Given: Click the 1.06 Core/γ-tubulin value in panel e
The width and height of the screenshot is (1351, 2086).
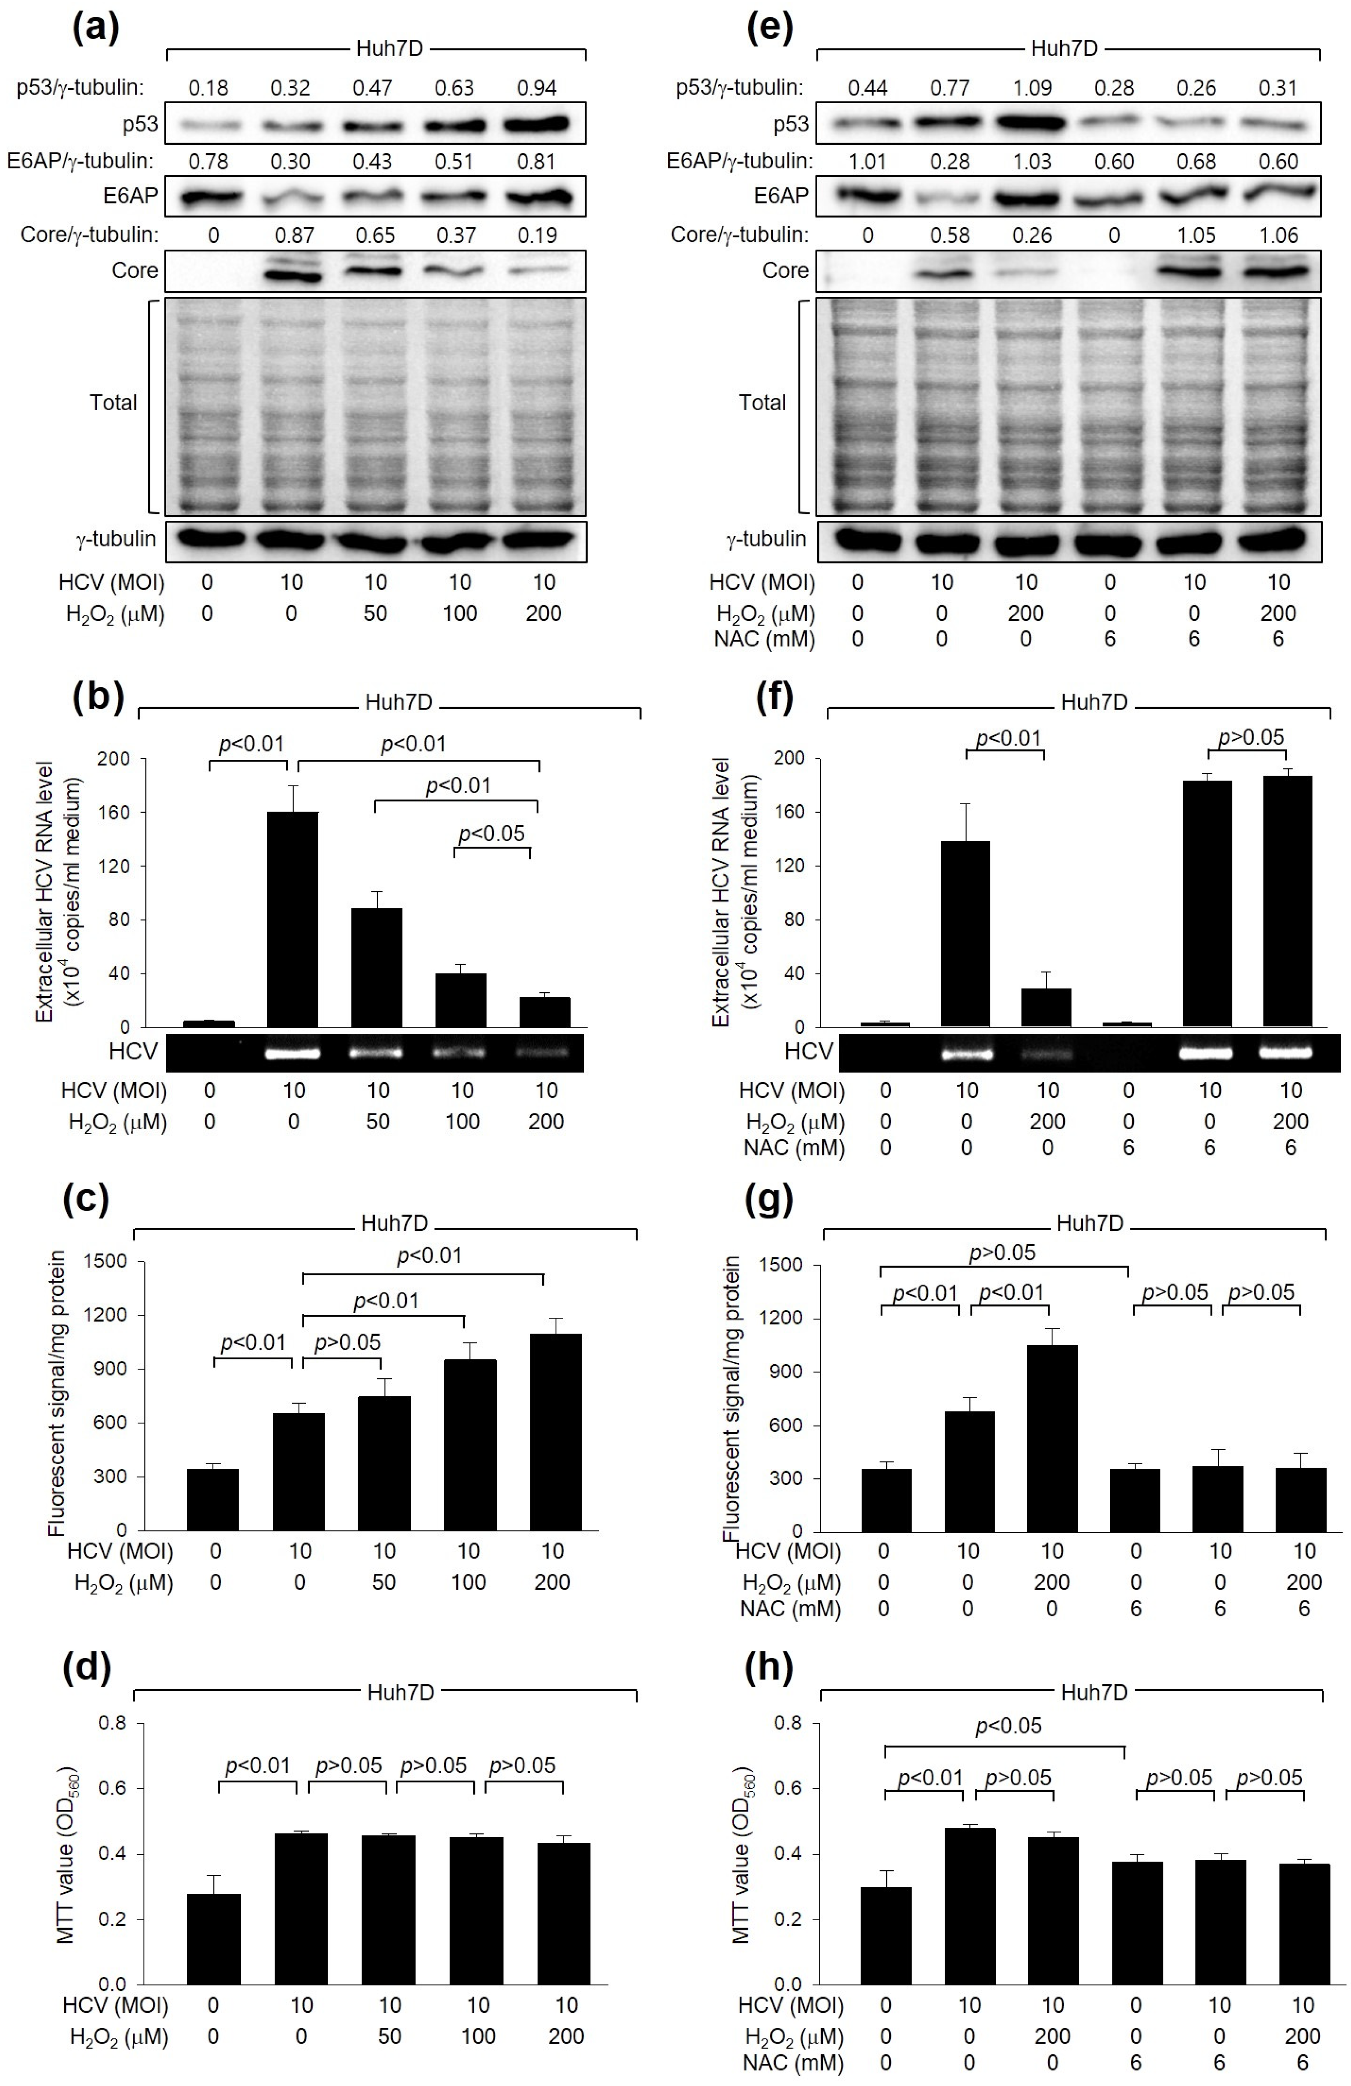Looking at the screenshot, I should click(x=1278, y=235).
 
